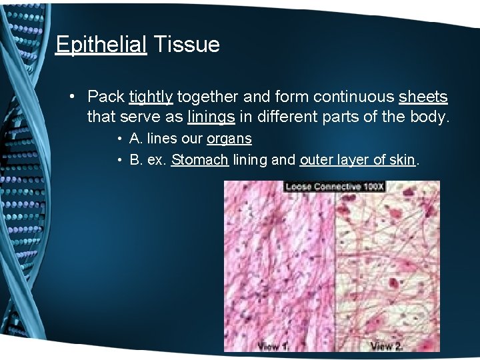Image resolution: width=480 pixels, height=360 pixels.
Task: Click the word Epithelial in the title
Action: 101,45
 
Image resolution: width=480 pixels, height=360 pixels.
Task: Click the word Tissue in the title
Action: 186,45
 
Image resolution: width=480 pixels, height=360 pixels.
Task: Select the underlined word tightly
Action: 151,97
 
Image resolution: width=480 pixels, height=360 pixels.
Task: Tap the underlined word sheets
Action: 423,97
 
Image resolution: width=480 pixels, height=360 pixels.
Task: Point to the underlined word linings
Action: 211,118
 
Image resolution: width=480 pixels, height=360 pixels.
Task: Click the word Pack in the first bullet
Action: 106,97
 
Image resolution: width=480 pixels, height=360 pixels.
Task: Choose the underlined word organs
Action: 229,139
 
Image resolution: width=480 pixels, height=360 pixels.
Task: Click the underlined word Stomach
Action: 200,160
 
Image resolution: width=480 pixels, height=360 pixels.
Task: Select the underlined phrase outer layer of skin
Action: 358,160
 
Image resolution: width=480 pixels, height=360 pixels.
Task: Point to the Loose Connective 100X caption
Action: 335,187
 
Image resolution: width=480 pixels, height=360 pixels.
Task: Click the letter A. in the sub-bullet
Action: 136,139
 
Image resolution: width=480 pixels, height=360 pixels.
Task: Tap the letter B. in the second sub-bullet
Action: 136,160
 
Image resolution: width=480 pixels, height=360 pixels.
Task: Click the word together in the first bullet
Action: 208,97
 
